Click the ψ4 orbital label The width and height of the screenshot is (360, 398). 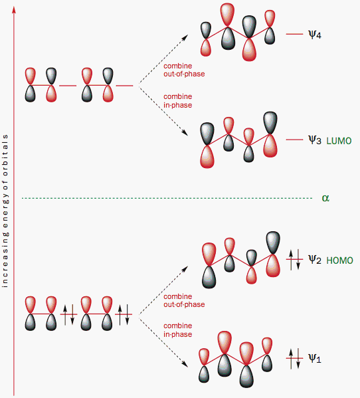(315, 35)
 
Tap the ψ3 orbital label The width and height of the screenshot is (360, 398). (315, 140)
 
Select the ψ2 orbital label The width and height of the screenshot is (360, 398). (315, 260)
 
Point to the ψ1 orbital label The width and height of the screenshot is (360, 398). (315, 358)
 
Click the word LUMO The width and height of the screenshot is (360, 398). (339, 141)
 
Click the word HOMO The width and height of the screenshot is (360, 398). (339, 260)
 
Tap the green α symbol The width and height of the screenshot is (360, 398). (325, 198)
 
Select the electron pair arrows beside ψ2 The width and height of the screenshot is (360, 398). (294, 259)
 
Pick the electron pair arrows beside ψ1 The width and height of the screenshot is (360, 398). (294, 358)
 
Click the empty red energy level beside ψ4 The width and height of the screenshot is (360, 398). (294, 34)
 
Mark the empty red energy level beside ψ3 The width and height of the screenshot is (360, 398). (294, 140)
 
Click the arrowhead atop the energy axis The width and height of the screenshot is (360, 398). (14, 9)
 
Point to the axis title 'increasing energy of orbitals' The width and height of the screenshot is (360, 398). (5, 211)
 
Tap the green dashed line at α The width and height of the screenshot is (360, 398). (167, 198)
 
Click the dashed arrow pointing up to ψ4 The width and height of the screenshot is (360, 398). (163, 59)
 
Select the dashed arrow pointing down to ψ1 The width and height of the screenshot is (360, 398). (163, 341)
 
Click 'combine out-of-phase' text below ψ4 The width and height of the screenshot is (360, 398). (184, 70)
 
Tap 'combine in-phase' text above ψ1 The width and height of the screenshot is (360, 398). (177, 330)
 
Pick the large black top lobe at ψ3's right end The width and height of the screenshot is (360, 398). (270, 123)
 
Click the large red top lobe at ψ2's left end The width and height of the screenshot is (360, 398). (209, 254)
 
